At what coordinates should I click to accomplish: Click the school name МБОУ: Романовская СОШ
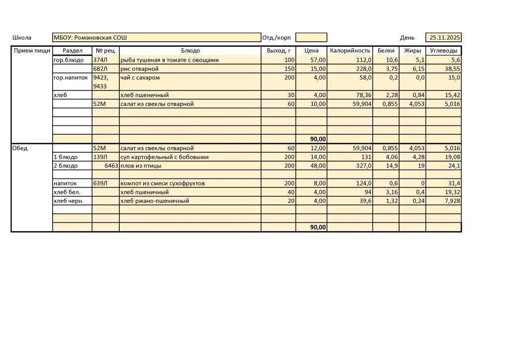click(x=90, y=38)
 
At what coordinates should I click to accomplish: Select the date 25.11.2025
click(x=445, y=38)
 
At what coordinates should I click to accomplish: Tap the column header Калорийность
click(x=350, y=51)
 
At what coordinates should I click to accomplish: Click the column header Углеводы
click(x=443, y=51)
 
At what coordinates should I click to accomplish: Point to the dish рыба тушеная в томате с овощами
click(x=170, y=60)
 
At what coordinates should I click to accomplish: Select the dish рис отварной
click(x=140, y=69)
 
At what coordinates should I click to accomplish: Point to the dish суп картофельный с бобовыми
click(x=165, y=157)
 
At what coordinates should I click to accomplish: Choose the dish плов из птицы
click(x=141, y=166)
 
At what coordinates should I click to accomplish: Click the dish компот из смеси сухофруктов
click(x=163, y=183)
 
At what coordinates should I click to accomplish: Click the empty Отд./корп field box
click(x=311, y=38)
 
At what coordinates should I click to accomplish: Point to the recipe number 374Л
click(x=100, y=60)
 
